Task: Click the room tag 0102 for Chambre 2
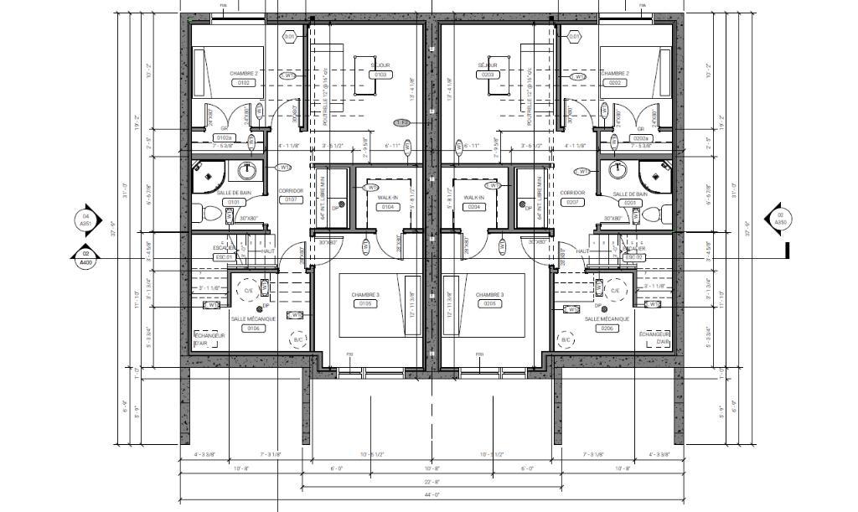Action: pos(244,83)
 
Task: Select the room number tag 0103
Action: pos(380,75)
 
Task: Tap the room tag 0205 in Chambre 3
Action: pos(489,304)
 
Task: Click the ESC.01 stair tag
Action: pos(222,257)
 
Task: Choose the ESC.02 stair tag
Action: pos(633,257)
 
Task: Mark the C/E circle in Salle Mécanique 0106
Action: pos(249,291)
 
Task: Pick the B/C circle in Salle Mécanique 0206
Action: pos(566,340)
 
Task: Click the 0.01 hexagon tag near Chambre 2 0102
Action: pos(290,37)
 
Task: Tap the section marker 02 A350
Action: pos(779,220)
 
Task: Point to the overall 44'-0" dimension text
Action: pos(431,495)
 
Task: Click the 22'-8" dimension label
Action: pos(431,482)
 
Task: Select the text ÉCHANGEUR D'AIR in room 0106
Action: pos(208,338)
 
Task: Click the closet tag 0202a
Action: pos(642,137)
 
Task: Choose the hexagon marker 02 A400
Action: pos(85,258)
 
